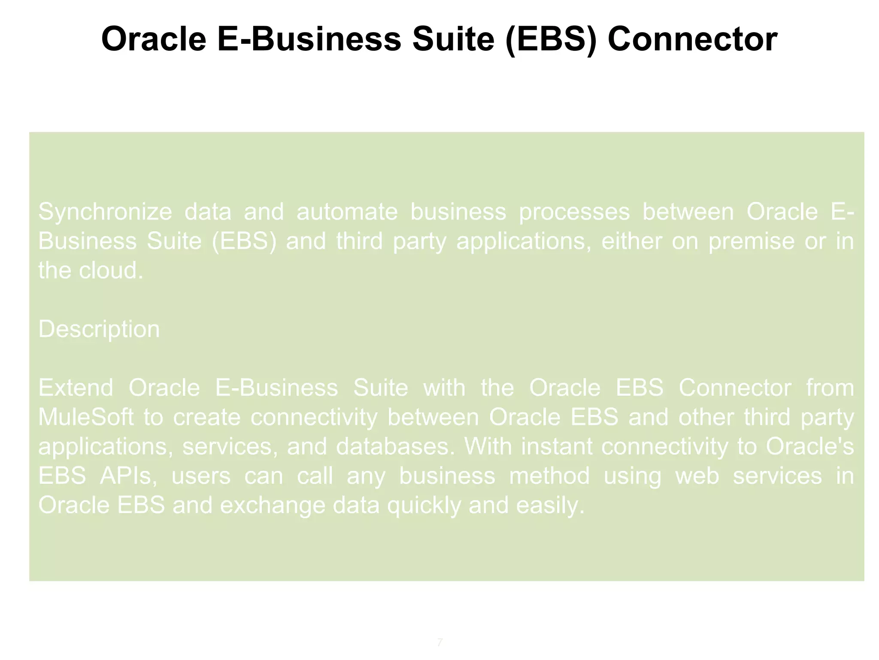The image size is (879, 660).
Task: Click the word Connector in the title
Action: [x=692, y=39]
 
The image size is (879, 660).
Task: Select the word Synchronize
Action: [x=105, y=212]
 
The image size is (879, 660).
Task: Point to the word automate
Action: [x=347, y=212]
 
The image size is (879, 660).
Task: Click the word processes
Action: [x=574, y=212]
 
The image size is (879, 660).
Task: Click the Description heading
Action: [x=99, y=329]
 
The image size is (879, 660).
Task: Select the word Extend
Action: [x=76, y=388]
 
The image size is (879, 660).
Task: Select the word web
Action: [x=697, y=476]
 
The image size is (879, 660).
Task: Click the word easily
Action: [x=550, y=505]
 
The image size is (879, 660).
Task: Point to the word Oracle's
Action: [x=809, y=446]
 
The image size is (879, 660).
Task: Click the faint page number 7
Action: [x=439, y=642]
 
